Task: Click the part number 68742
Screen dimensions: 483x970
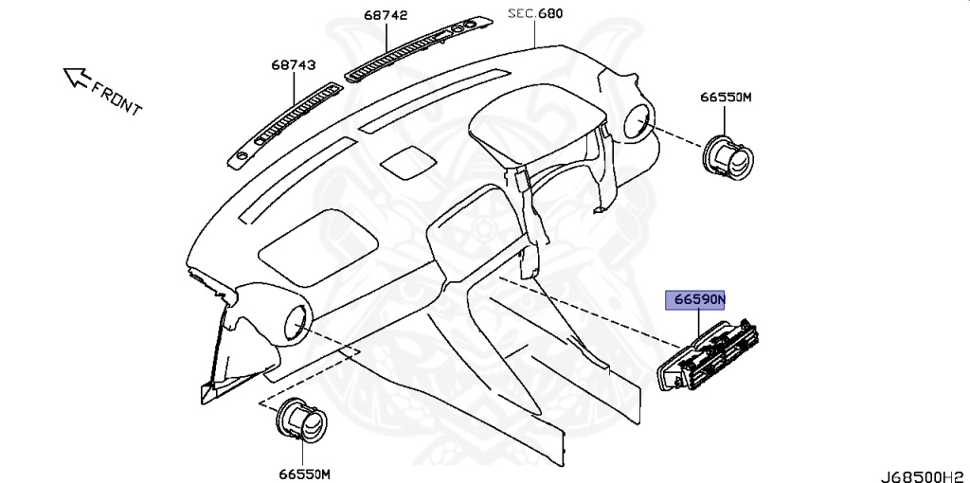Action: tap(385, 16)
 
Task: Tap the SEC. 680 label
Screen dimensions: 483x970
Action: tap(534, 13)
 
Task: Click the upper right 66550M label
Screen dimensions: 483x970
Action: tap(726, 97)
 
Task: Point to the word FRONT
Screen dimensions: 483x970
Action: tap(117, 98)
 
